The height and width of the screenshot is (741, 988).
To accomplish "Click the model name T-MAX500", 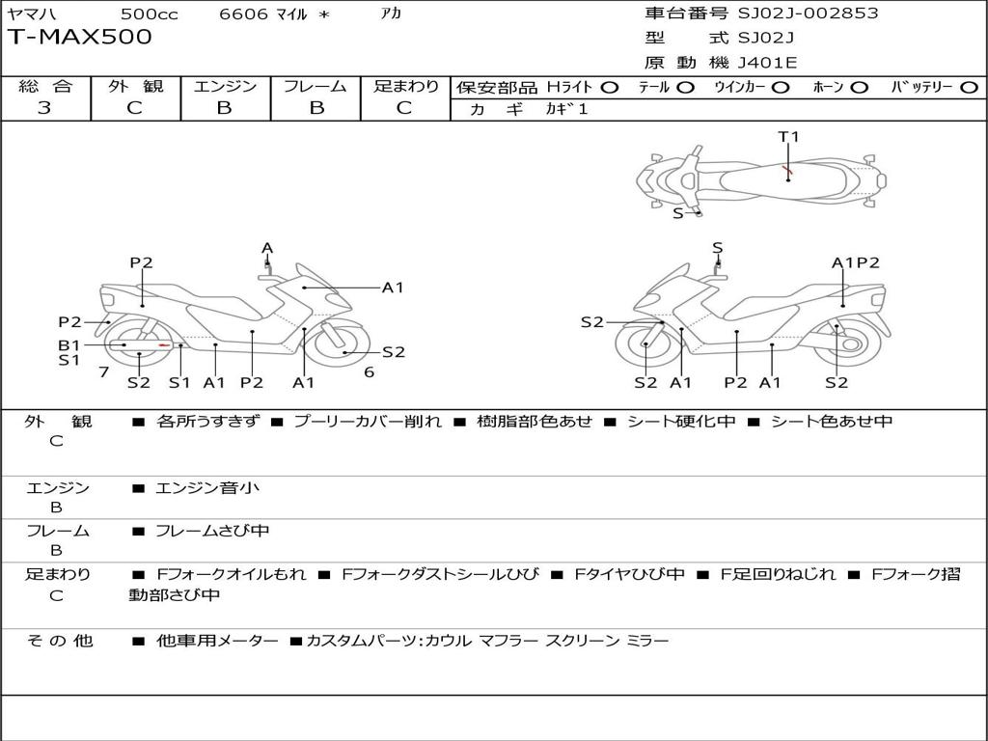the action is click(79, 37).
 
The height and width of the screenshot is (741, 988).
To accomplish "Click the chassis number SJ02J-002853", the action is click(808, 13).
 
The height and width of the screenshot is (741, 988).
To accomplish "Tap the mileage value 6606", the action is click(243, 14).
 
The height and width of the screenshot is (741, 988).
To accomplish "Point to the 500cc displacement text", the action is click(149, 14).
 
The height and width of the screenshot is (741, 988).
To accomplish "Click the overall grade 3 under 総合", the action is click(43, 108).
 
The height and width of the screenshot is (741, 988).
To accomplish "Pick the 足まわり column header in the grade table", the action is click(406, 86).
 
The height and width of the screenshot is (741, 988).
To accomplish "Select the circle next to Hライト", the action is click(609, 88).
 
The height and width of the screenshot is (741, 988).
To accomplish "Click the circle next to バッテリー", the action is click(969, 88).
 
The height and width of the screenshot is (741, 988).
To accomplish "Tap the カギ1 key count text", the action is click(566, 109).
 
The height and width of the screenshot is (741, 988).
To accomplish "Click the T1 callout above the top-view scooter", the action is click(788, 136).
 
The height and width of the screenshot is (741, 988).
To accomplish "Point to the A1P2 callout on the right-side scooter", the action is click(855, 262).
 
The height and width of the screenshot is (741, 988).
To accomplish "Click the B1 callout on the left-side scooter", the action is click(69, 345).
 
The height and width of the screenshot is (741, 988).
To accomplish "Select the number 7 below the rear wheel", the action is click(104, 372).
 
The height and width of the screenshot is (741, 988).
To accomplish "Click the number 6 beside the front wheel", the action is click(370, 372).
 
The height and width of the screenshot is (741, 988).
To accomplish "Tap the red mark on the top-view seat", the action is click(787, 170).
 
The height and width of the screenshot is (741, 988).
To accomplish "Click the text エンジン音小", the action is click(207, 487).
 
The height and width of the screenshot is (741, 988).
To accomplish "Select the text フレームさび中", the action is click(212, 532).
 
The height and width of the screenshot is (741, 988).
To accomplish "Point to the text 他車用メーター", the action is click(217, 641).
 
